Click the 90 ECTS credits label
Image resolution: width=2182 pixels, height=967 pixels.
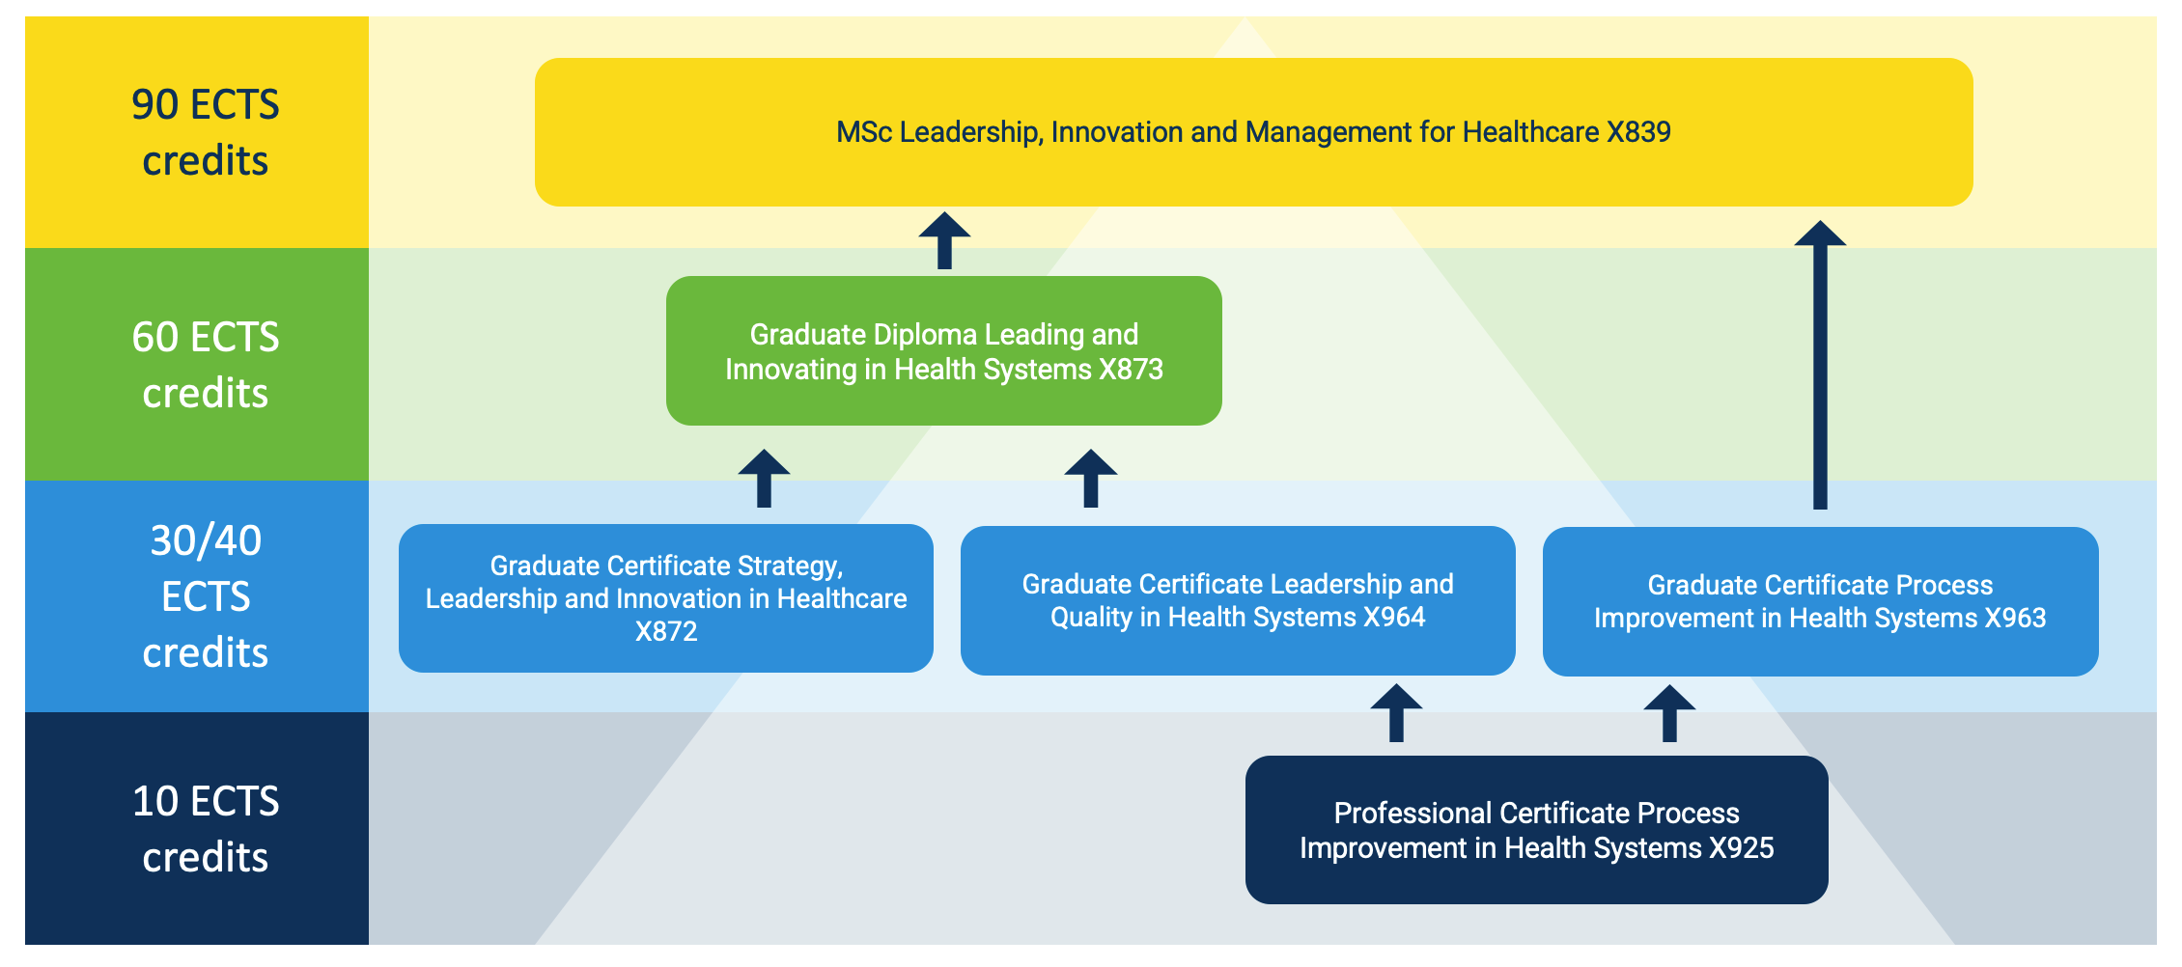pos(205,132)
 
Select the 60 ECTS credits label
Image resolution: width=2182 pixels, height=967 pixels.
pos(205,365)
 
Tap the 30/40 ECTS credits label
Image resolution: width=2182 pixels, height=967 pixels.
pos(205,596)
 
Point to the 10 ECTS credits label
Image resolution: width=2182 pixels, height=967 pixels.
pos(205,829)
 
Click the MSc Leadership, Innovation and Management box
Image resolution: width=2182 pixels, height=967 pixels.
pos(1253,132)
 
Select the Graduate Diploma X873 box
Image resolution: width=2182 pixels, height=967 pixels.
pos(943,351)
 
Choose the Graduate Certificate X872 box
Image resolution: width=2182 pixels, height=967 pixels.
pos(665,598)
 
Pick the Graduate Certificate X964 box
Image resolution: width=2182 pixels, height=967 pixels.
pos(1238,600)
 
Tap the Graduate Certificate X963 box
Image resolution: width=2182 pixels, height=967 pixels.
pos(1820,601)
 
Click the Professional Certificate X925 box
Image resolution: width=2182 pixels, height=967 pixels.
pos(1536,830)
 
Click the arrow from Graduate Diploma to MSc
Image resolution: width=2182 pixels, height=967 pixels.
pos(944,240)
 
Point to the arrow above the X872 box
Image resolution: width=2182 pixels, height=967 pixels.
pos(764,478)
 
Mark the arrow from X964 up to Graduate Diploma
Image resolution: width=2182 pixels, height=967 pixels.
pos(1091,478)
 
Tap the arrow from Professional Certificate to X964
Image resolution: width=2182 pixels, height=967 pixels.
pos(1396,713)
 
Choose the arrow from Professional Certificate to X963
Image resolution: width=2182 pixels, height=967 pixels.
pos(1669,713)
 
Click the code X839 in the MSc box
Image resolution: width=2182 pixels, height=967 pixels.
pos(1638,132)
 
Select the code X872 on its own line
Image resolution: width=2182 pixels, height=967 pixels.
pos(665,632)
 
